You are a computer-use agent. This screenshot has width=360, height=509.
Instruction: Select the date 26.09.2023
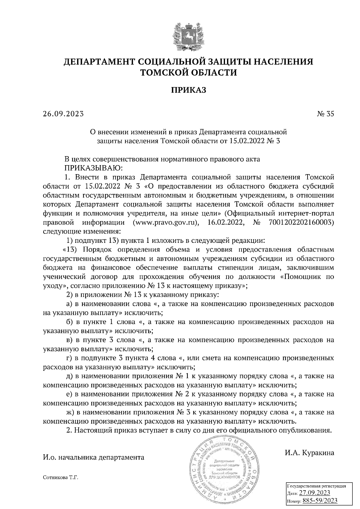coord(63,114)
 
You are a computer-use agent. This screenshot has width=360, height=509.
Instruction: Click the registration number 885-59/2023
coord(320,501)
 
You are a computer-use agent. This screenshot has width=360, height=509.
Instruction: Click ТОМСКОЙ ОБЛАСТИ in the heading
coord(189,72)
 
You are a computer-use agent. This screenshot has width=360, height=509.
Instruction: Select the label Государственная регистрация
coord(317,486)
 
